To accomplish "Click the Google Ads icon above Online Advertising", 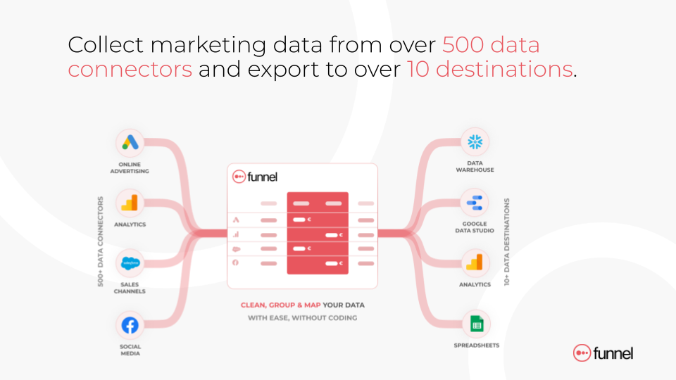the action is click(130, 143).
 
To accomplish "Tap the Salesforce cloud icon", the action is click(130, 262).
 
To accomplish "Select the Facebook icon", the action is click(130, 325).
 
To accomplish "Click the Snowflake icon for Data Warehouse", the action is click(475, 141).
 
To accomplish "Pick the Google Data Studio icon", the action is click(474, 203).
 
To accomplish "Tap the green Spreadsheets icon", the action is click(477, 324).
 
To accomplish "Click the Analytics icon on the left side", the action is click(130, 203).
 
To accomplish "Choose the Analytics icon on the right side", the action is click(475, 262).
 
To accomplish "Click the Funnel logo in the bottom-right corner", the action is click(603, 353).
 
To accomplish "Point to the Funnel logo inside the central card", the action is click(255, 177).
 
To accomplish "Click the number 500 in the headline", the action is click(463, 45).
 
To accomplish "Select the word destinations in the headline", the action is click(504, 69).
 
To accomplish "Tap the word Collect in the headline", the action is click(106, 45).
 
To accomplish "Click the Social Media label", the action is click(130, 350).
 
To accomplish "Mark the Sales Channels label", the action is click(130, 288).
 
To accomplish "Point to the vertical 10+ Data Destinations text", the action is click(506, 241).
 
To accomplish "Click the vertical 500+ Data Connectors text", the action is click(101, 241).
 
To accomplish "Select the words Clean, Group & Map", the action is click(281, 305).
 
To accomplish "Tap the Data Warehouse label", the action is click(475, 166).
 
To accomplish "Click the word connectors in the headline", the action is click(130, 70).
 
